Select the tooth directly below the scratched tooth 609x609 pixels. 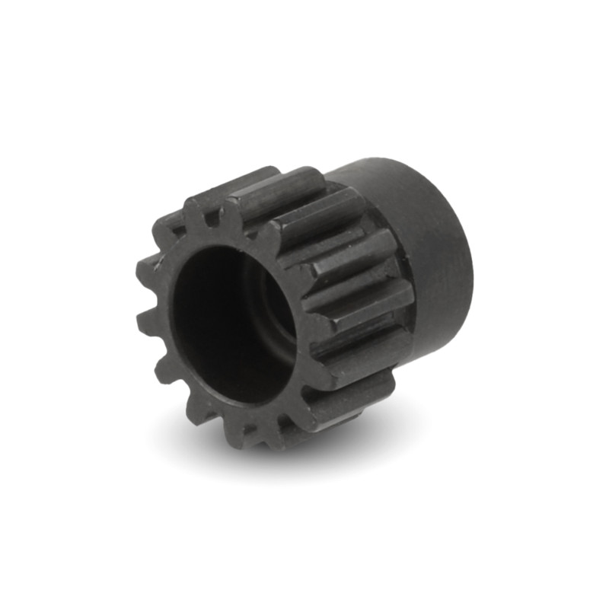[148, 320]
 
